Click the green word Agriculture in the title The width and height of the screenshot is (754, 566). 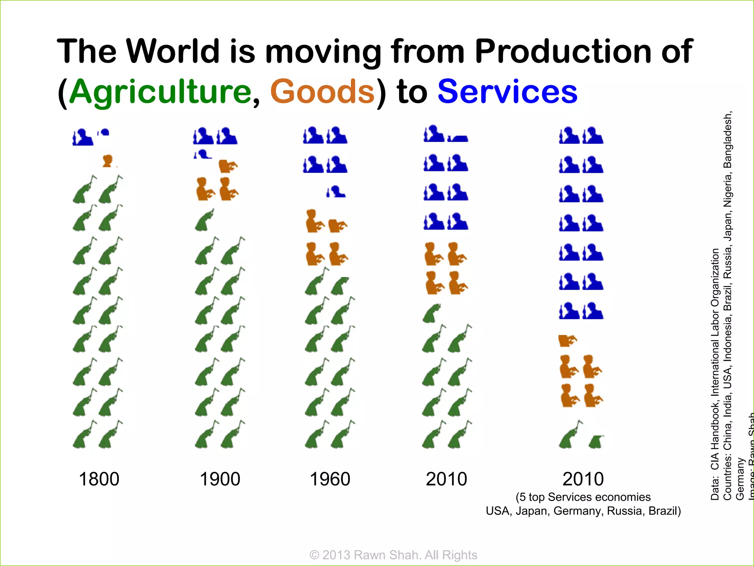click(160, 92)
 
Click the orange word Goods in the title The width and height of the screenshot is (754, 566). click(323, 92)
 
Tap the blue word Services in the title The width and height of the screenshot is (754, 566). click(507, 92)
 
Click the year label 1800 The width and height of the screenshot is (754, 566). click(99, 479)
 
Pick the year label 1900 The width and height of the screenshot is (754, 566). click(220, 479)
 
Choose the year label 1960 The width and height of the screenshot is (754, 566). click(330, 479)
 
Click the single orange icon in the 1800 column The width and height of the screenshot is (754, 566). click(108, 161)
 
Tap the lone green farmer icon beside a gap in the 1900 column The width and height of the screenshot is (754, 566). click(204, 220)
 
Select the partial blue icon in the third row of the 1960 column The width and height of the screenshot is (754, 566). click(336, 192)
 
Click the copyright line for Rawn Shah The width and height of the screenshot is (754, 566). click(393, 555)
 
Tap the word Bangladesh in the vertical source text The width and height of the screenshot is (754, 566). click(728, 140)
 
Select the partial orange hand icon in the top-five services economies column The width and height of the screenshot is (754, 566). click(567, 340)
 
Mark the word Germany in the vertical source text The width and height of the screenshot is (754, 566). click(740, 479)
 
